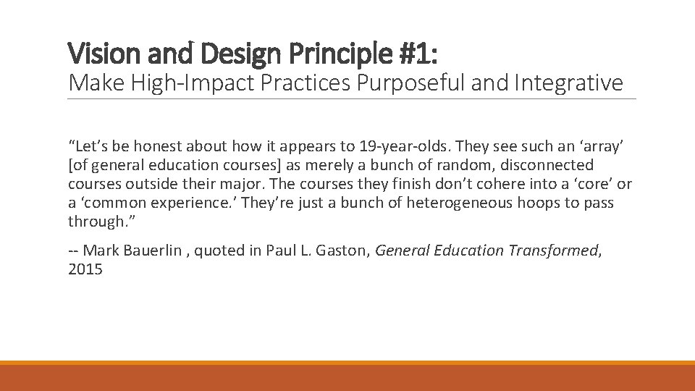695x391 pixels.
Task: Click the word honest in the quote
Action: (151, 146)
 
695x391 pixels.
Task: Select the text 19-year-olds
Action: (397, 146)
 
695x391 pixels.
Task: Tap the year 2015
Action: (85, 269)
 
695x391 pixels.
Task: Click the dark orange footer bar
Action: (347, 378)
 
